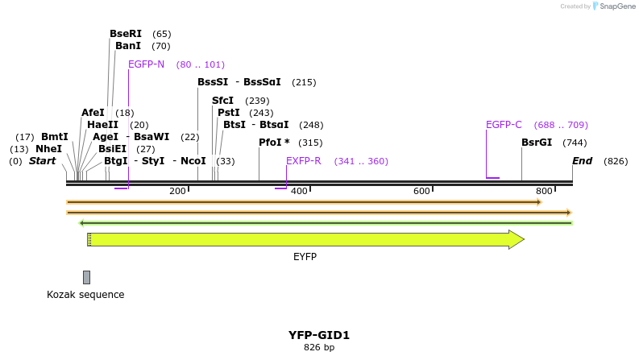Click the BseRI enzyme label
point(125,34)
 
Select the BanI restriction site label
point(127,46)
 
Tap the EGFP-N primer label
point(146,64)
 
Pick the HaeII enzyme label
point(102,125)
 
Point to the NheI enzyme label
point(48,149)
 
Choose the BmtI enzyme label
point(54,137)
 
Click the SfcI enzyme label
point(222,101)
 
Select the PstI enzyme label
point(228,113)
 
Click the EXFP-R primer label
point(304,161)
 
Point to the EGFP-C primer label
point(504,125)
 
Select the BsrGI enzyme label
point(537,143)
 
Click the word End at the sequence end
point(582,161)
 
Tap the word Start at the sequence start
point(42,161)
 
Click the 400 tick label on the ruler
point(299,191)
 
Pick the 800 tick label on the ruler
point(544,191)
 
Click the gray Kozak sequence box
point(86,277)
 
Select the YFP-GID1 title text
point(319,335)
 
